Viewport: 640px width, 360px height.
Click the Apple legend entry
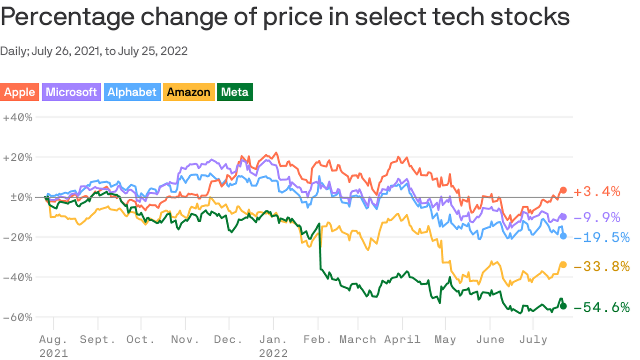pos(19,92)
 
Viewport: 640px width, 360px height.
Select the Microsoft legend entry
pos(71,92)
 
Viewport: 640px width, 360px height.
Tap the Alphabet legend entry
pos(132,92)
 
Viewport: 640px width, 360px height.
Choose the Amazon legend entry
pos(188,92)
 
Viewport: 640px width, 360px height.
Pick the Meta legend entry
pos(235,92)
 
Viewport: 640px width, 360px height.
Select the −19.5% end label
pos(601,238)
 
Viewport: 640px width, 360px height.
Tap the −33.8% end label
pos(601,267)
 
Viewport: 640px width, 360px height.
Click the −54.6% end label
pos(601,307)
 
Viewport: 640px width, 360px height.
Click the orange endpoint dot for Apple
pos(564,190)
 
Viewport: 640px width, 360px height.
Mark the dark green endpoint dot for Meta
pos(564,306)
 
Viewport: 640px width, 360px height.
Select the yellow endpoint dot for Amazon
pos(564,265)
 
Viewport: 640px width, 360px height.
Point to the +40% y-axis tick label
pos(17,117)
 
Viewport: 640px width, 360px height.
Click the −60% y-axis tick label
pos(17,317)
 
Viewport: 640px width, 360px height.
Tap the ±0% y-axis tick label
pos(17,197)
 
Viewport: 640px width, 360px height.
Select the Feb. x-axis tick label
pos(317,339)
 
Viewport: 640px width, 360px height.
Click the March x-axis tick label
pos(358,339)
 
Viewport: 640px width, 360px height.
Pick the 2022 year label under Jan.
pos(273,352)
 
